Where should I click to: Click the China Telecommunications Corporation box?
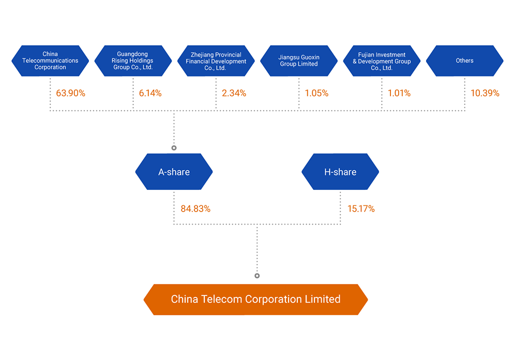click(50, 61)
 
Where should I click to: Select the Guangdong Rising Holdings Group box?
click(133, 61)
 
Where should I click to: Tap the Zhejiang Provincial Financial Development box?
click(216, 61)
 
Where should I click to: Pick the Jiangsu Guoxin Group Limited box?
click(299, 61)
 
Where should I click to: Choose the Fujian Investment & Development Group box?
click(382, 61)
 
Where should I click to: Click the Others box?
click(465, 61)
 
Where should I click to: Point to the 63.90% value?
click(71, 93)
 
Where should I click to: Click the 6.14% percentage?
click(150, 93)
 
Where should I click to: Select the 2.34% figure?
click(234, 93)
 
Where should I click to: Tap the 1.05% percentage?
click(316, 93)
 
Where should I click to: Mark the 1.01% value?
click(399, 93)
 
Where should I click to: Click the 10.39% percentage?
click(485, 93)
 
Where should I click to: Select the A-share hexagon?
click(174, 172)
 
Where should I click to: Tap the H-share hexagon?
click(340, 172)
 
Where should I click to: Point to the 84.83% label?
click(195, 209)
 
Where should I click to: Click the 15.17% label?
click(361, 209)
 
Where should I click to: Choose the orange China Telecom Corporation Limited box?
click(256, 299)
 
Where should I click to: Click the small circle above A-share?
click(174, 148)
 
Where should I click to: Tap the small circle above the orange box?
click(257, 276)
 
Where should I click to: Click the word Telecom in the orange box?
click(221, 299)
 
